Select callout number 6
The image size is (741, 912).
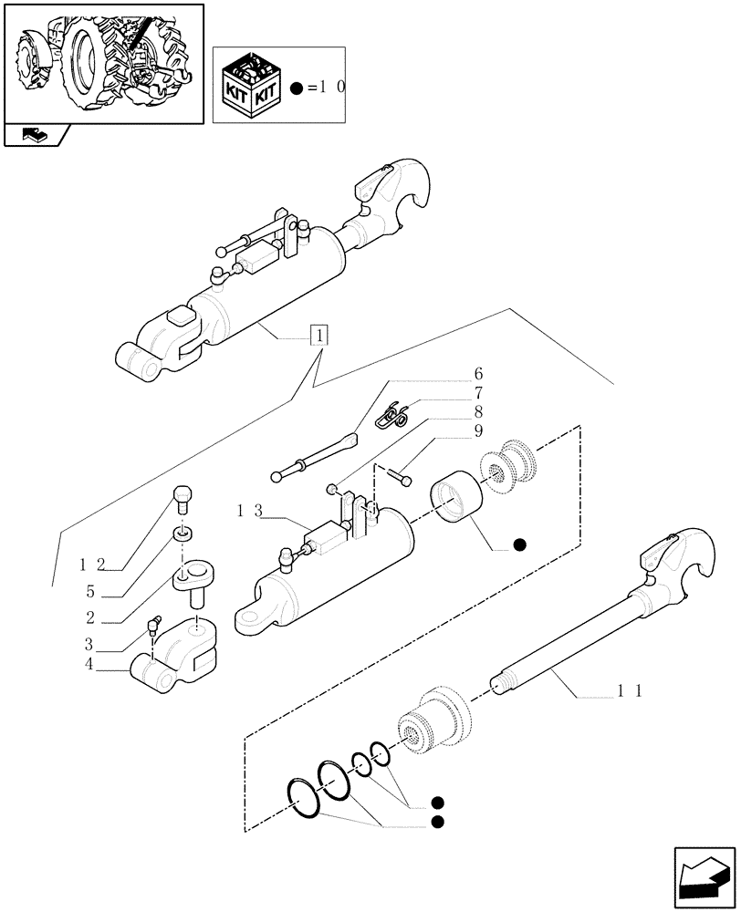click(x=478, y=374)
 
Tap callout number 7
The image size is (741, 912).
click(x=478, y=393)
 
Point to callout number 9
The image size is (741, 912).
click(x=478, y=430)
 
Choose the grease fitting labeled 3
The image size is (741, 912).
click(x=153, y=625)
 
